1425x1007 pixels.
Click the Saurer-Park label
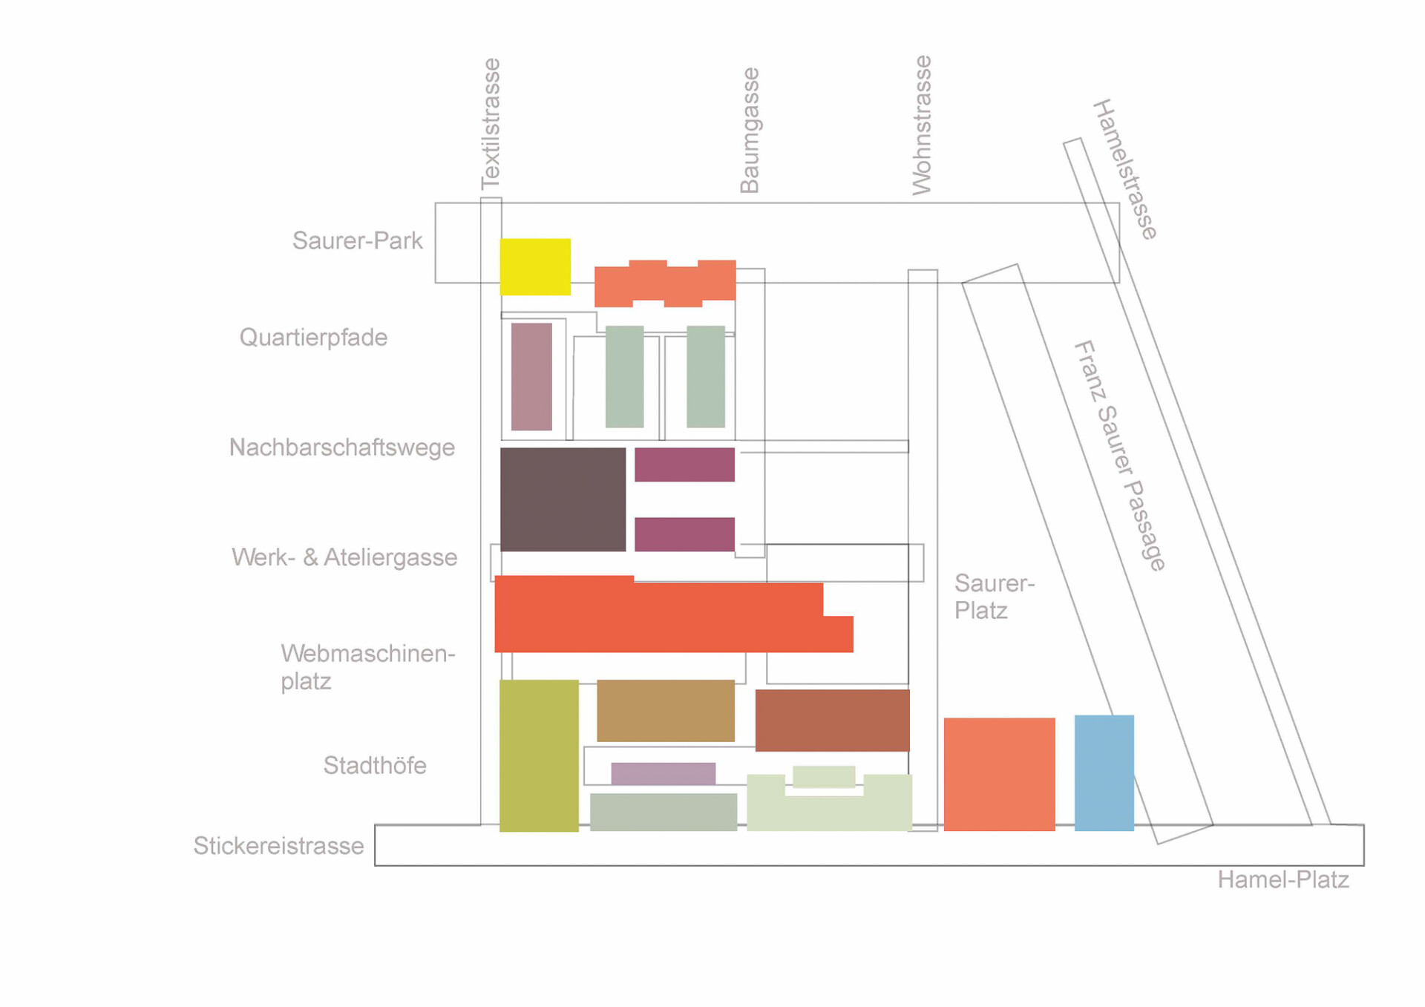pos(357,240)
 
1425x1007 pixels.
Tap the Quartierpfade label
pos(313,338)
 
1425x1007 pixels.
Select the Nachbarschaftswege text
pos(341,447)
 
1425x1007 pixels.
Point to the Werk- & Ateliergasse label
pos(344,557)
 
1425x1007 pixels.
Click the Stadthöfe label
pos(375,765)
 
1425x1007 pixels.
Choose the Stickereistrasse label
pos(278,846)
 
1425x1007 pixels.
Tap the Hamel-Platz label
pos(1282,880)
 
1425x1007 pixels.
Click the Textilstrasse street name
pos(491,124)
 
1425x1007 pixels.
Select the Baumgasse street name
pos(750,131)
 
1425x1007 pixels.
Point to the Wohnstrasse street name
pos(921,125)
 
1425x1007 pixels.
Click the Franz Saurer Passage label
pos(1120,456)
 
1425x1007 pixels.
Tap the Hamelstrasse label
pos(1125,169)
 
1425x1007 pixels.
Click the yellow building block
pos(535,267)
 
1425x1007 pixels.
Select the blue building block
pos(1104,773)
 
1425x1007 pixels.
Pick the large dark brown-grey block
pos(563,499)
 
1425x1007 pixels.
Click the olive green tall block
pos(539,755)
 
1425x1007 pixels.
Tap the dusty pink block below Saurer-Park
pos(531,376)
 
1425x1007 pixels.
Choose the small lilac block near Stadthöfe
pos(663,773)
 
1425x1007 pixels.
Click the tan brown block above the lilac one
pos(665,710)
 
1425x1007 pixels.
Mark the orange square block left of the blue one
pos(999,774)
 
